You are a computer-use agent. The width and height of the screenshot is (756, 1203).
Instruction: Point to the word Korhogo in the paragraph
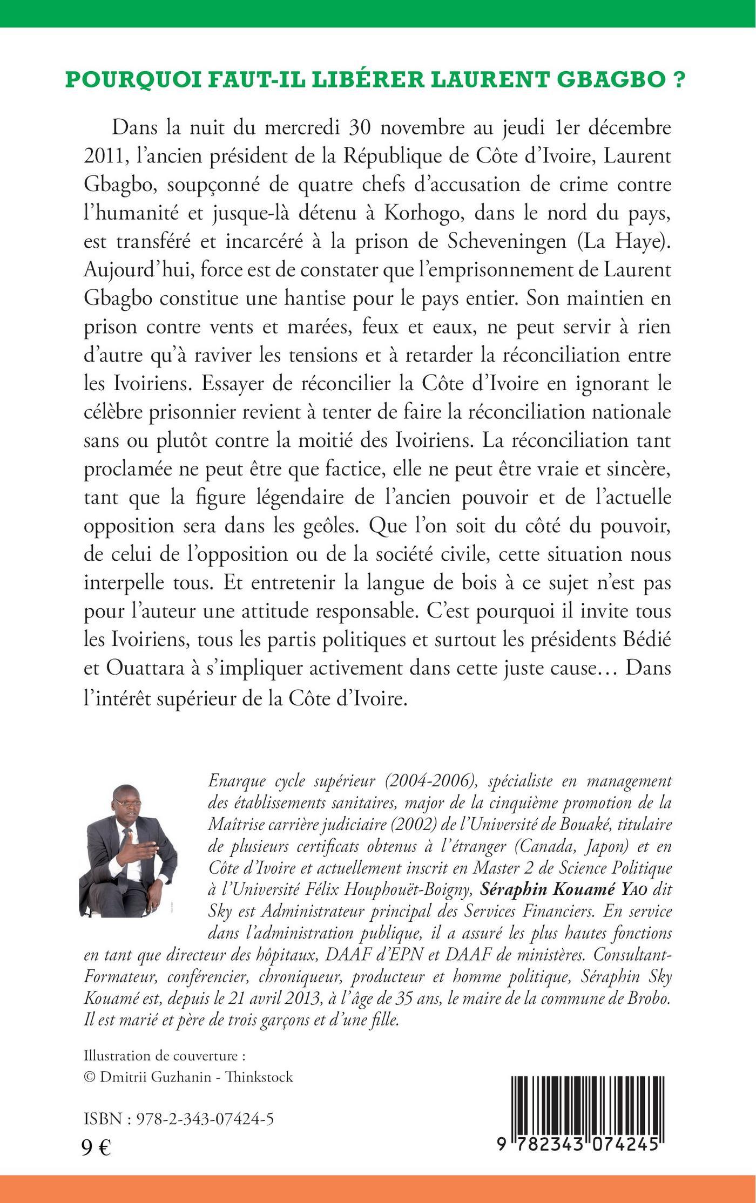422,214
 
